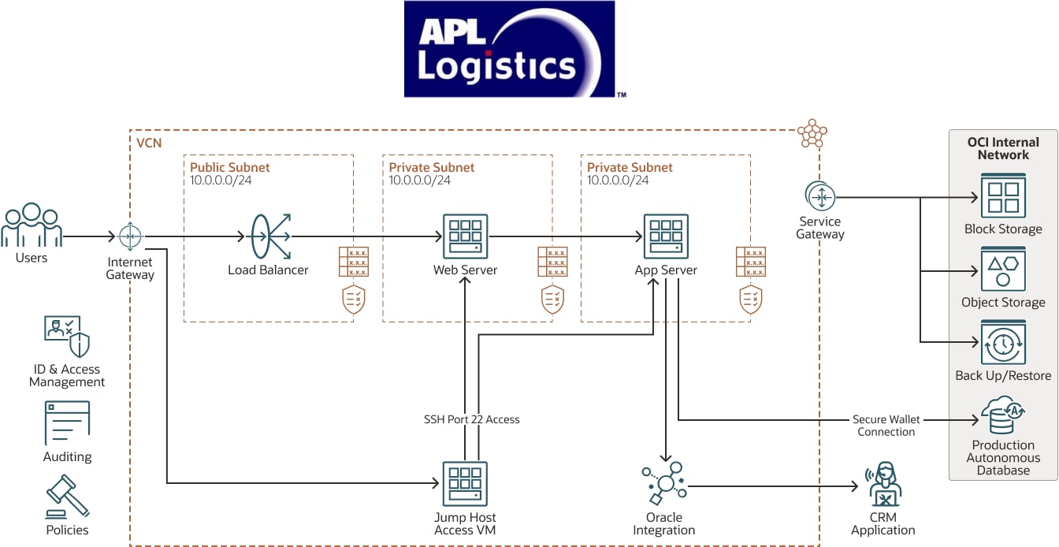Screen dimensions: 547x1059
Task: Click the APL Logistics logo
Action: point(509,49)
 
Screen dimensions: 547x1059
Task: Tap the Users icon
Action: point(31,225)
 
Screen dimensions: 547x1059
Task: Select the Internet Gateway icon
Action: point(130,236)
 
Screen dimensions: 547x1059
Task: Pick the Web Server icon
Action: point(466,236)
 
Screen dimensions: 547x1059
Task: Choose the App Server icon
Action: point(666,236)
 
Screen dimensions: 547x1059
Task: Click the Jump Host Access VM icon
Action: point(465,483)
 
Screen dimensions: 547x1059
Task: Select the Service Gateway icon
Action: point(820,196)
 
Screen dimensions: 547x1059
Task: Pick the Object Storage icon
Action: point(1003,269)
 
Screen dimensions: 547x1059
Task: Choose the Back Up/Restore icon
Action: point(1003,343)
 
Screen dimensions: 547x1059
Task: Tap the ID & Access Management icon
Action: point(67,337)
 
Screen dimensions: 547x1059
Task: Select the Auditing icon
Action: point(67,423)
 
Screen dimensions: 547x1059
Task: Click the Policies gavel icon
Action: point(67,495)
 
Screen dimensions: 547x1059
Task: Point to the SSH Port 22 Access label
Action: point(472,419)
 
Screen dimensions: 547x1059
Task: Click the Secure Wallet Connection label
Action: point(886,426)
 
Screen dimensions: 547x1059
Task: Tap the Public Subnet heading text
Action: point(230,167)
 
